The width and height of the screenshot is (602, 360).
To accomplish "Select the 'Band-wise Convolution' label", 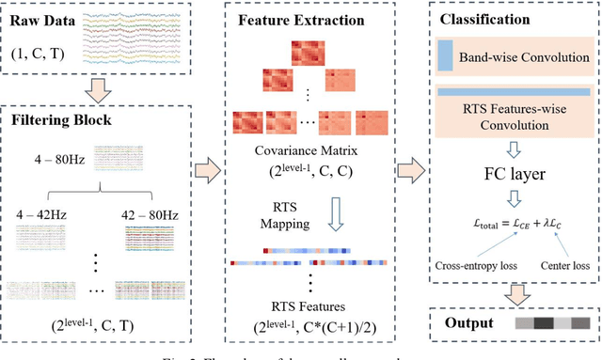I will tap(522, 58).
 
